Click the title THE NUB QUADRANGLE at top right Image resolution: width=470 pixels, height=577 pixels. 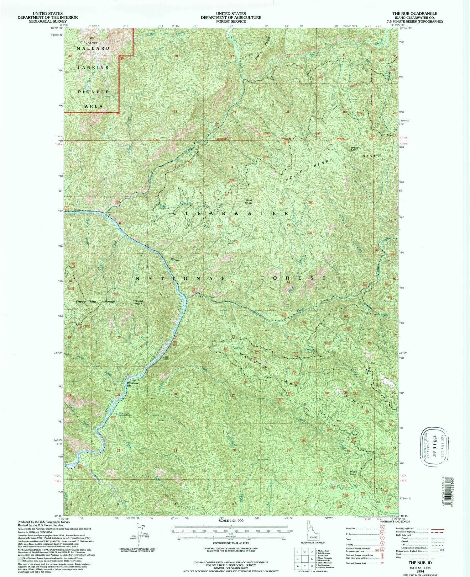(415, 13)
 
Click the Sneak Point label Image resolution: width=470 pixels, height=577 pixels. (138, 302)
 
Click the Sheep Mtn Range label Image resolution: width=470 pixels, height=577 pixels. (95, 301)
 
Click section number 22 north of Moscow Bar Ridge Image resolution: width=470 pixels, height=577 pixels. (233, 336)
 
